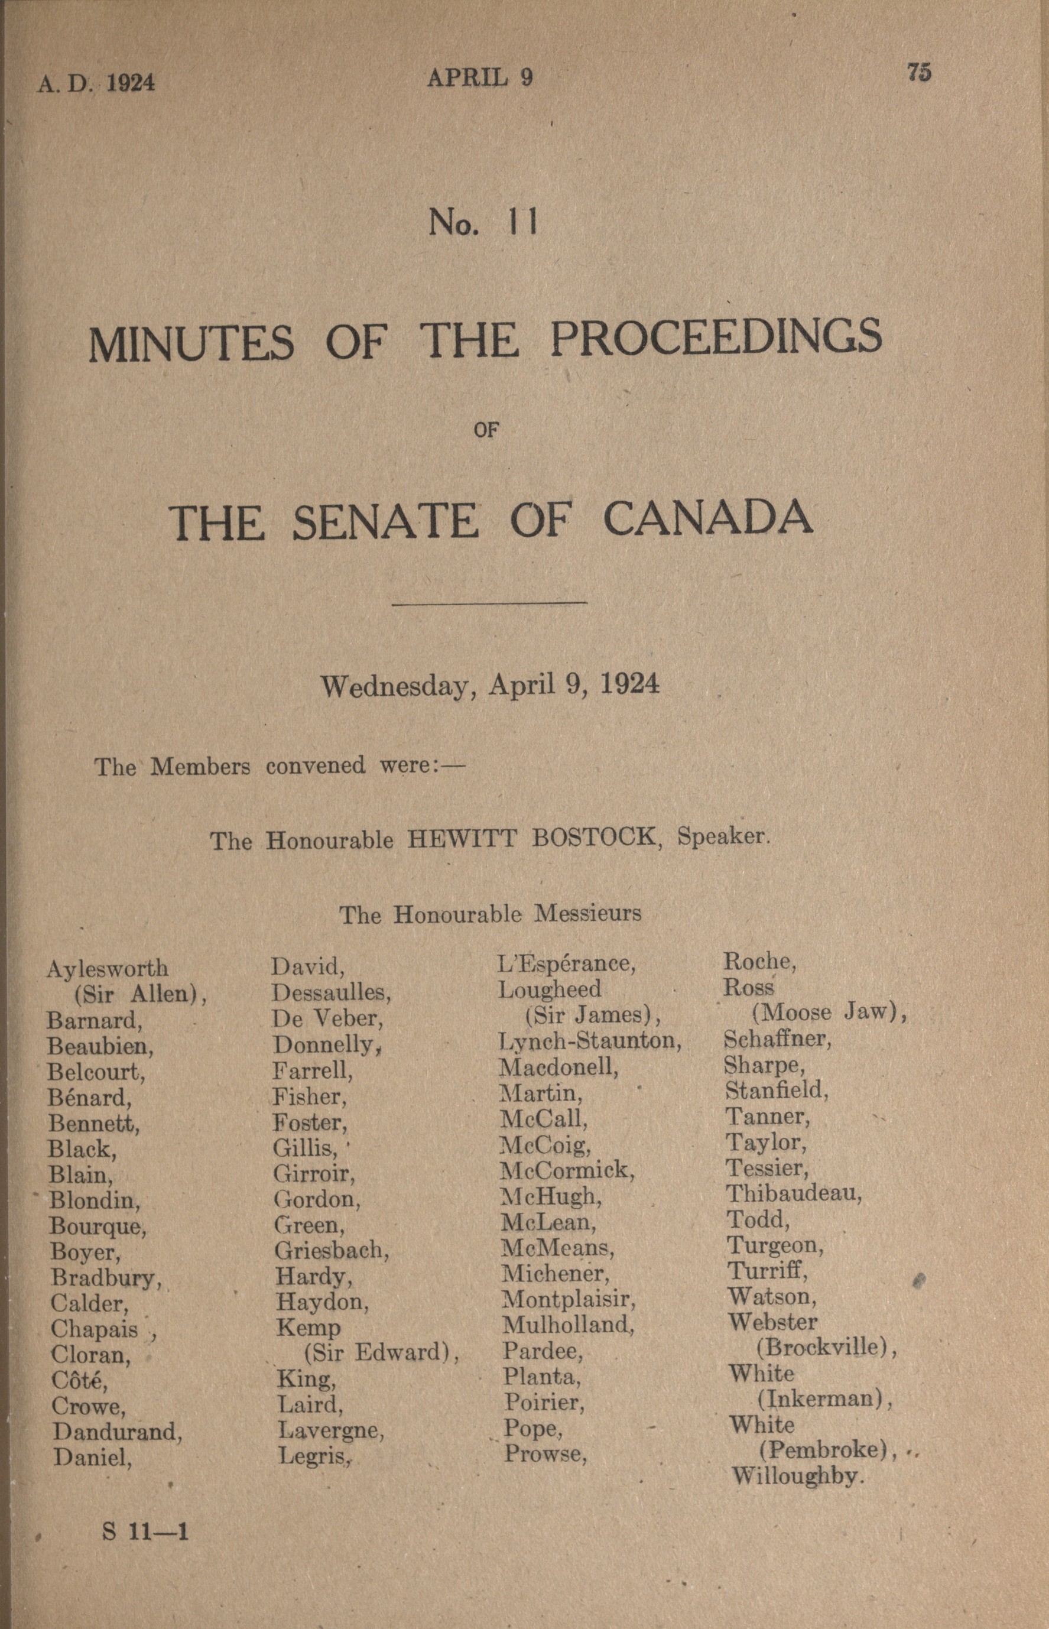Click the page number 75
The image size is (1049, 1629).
coord(919,72)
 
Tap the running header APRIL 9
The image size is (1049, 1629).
coord(479,79)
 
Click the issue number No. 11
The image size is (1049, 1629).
coord(483,223)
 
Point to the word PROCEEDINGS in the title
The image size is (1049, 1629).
coord(716,339)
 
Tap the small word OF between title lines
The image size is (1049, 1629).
coord(486,430)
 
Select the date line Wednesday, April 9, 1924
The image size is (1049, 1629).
coord(491,684)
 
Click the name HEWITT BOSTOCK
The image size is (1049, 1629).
coord(531,838)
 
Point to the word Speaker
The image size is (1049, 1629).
coord(722,836)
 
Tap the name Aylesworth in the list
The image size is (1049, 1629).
coord(107,968)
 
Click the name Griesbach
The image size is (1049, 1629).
coord(331,1250)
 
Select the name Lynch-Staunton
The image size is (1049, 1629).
coord(590,1040)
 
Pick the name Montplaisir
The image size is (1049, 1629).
coord(568,1299)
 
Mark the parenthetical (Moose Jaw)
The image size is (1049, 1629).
coord(829,1013)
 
